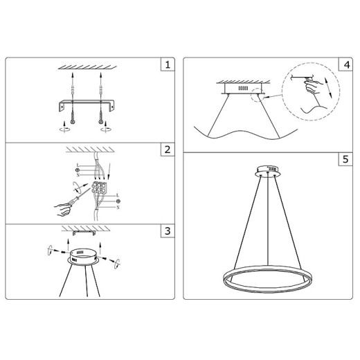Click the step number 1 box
[166, 66]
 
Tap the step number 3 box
[166, 231]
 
